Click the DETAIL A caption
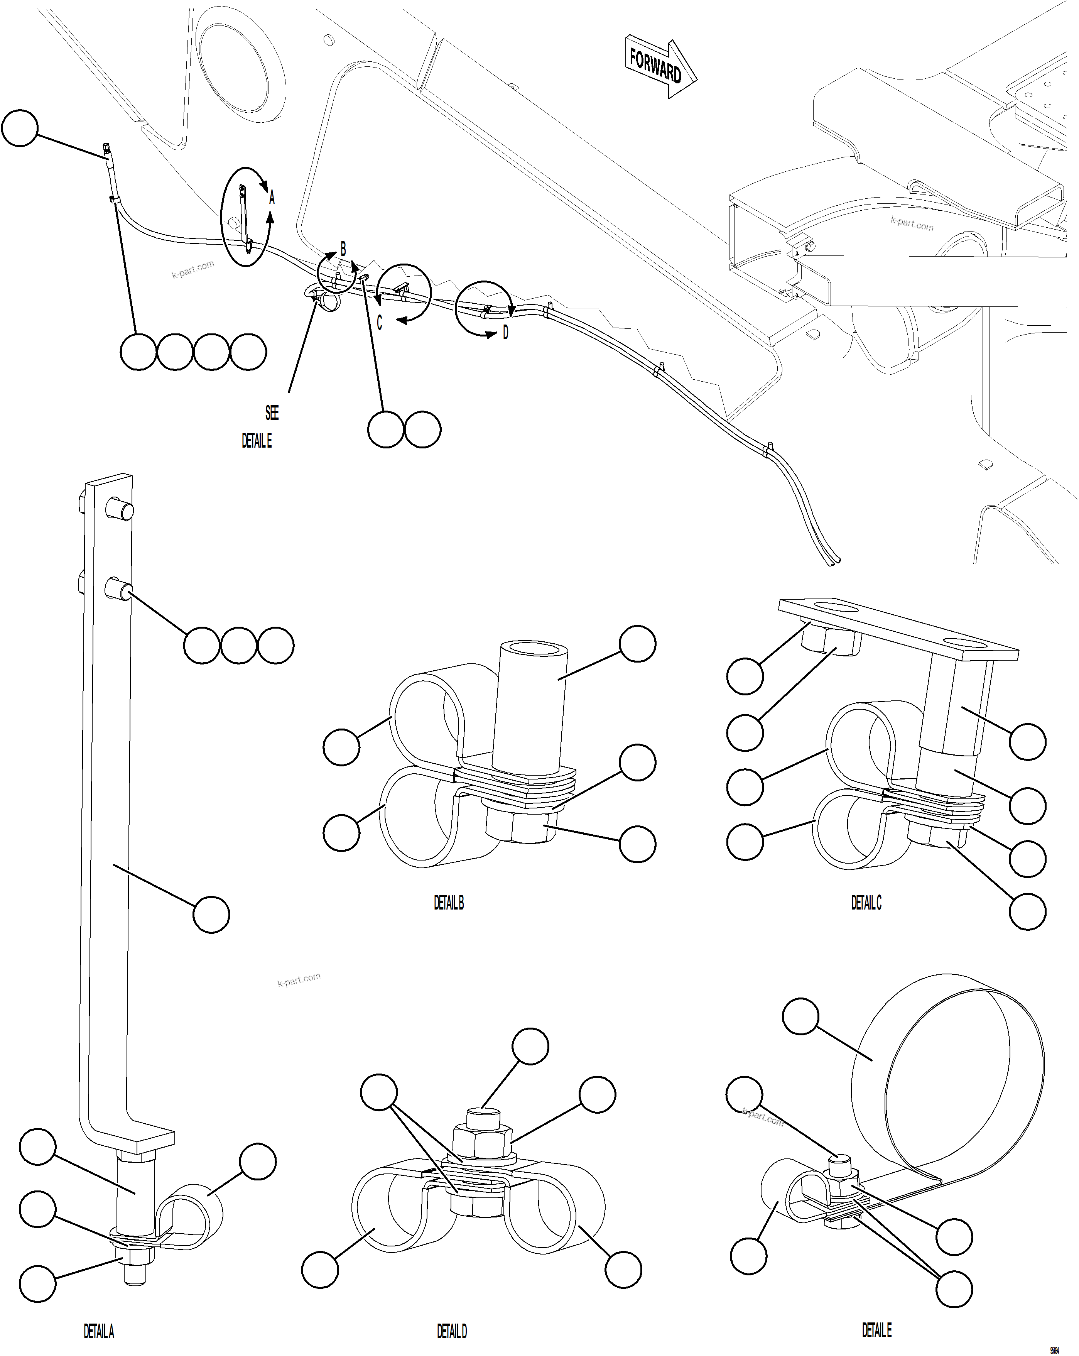[99, 1331]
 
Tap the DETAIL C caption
[866, 903]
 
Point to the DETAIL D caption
[451, 1331]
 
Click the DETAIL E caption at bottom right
[876, 1330]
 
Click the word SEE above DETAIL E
[272, 413]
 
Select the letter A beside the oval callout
[272, 199]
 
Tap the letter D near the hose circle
[505, 333]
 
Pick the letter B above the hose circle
[343, 249]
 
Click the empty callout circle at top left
[20, 128]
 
